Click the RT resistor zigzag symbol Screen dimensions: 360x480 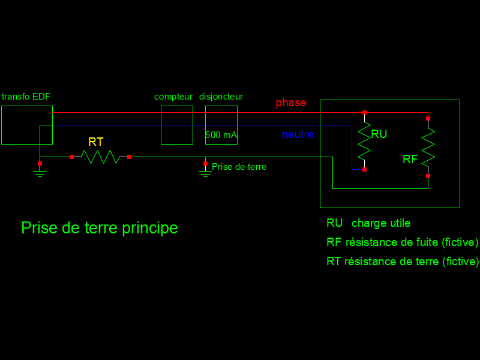100,157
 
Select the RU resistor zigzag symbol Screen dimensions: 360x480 364,141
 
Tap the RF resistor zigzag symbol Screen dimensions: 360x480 428,147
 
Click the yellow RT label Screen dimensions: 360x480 96,142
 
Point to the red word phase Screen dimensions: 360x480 291,103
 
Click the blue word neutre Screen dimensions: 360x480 298,134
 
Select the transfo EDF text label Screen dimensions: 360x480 26,97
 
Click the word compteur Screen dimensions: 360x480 173,97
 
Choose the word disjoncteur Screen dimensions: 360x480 221,97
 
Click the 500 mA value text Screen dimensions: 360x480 221,135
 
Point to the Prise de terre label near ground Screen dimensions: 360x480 239,167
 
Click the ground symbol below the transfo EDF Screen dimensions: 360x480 40,173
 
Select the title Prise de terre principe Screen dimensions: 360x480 100,228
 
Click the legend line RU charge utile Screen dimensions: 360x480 368,223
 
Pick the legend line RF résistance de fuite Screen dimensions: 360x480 402,242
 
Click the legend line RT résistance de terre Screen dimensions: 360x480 403,262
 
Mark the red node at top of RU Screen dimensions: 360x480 364,112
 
